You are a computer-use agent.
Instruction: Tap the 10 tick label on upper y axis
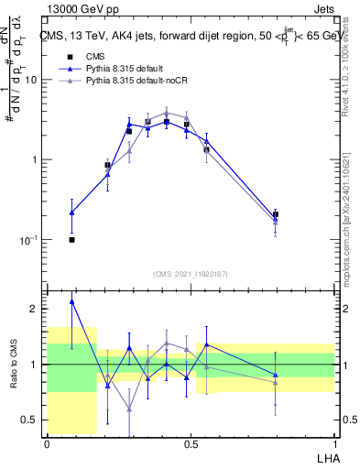pos(29,80)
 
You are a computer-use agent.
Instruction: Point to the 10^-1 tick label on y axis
pos(27,240)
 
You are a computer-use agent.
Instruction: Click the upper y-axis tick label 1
pos(33,160)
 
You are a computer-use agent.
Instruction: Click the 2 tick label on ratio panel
pos(33,309)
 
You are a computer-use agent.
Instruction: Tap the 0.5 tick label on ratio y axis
pos(27,420)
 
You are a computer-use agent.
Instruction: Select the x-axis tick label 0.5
pos(190,442)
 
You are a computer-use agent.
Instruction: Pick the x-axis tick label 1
pos(333,442)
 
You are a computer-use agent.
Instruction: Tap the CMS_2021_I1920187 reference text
pos(190,274)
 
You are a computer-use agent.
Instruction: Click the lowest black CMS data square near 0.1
pos(71,240)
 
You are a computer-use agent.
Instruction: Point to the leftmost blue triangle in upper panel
pos(71,213)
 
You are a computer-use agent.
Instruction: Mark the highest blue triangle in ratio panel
pos(71,300)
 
